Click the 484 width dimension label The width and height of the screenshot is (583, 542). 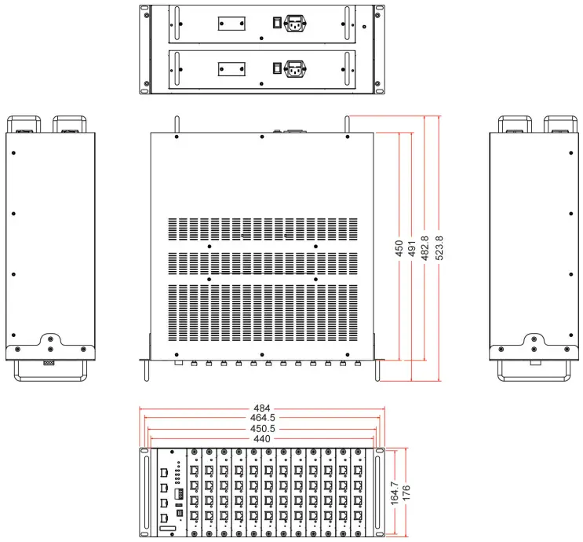261,408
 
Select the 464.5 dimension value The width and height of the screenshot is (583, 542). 261,419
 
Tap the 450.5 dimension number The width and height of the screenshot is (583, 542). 261,429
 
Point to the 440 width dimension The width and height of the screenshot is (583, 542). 261,439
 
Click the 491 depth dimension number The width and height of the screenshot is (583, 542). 412,249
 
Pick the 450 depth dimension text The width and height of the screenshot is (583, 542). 399,249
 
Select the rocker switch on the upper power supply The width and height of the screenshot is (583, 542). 275,23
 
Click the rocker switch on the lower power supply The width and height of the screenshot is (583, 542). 275,69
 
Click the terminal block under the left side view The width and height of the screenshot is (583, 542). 49,363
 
